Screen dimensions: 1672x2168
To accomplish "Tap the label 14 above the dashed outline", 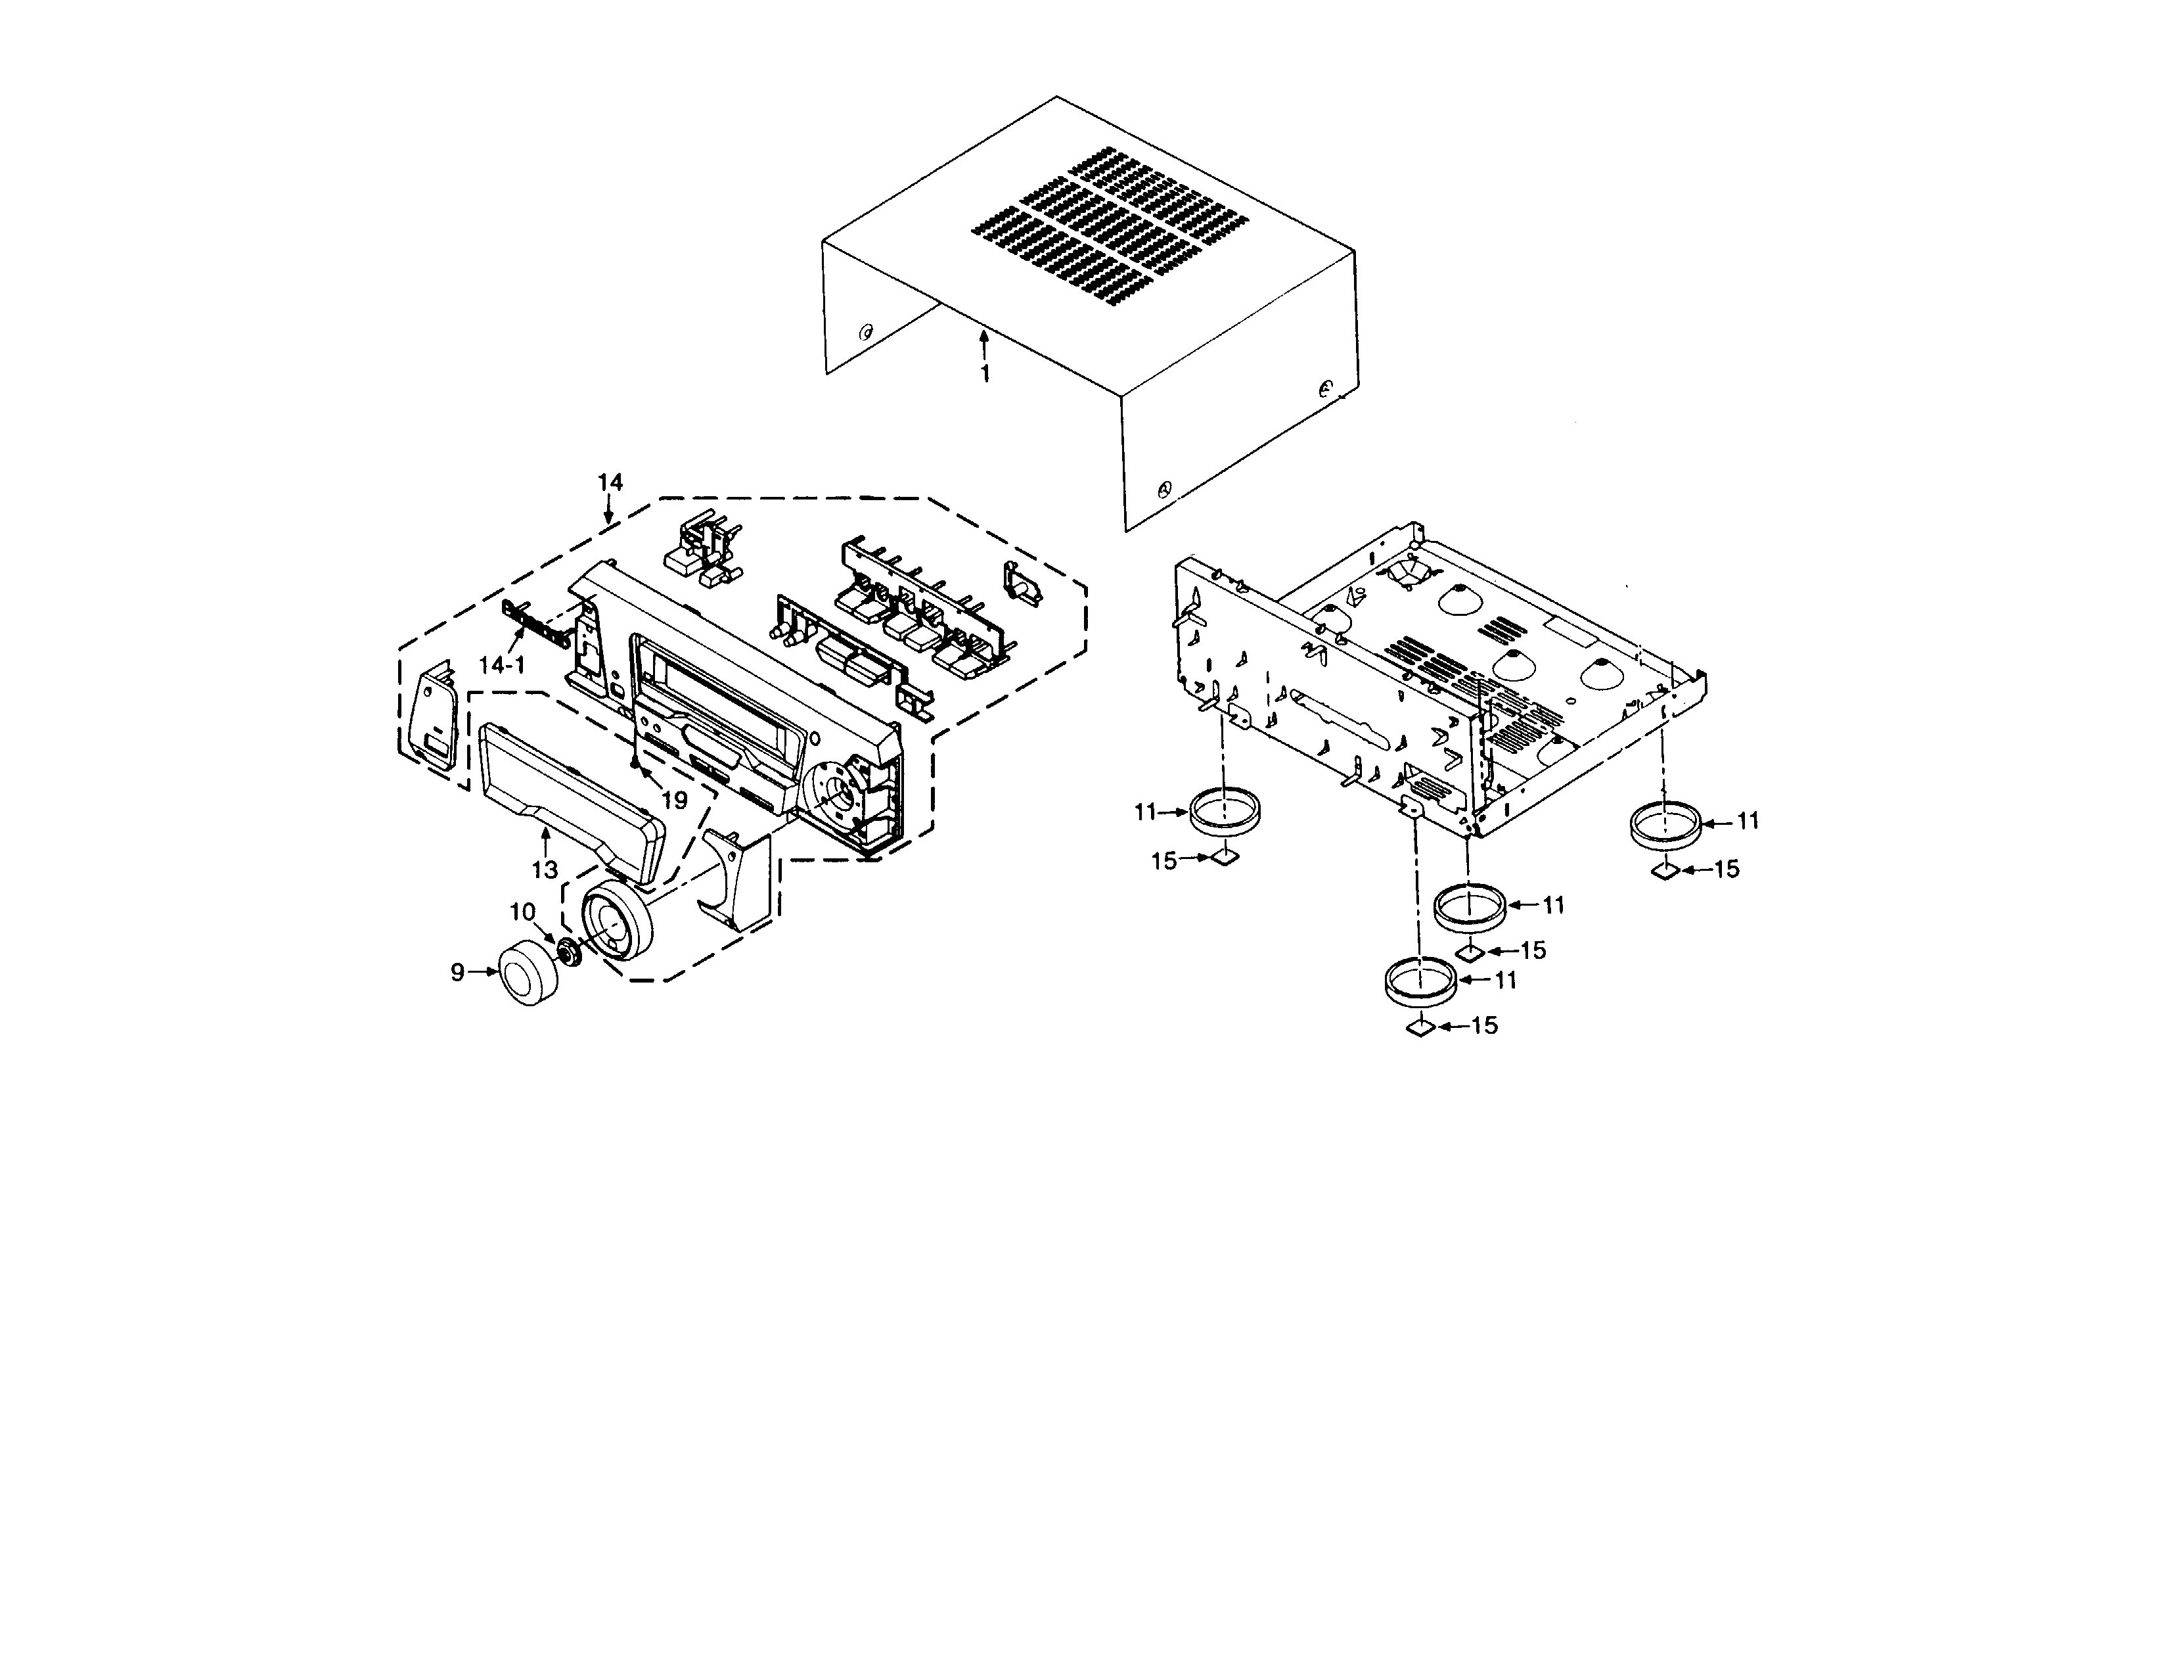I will point(610,482).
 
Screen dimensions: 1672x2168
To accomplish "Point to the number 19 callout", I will point(674,801).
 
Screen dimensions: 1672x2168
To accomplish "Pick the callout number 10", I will point(523,912).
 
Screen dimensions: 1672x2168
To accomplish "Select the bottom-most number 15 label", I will point(1484,1026).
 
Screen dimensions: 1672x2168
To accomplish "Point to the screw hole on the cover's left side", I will point(866,332).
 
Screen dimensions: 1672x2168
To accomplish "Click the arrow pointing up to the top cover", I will point(983,344).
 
